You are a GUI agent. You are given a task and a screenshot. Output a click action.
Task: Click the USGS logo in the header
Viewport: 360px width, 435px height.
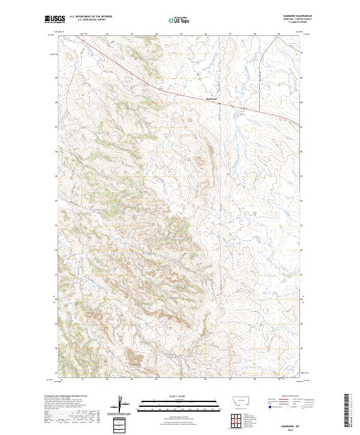[54, 19]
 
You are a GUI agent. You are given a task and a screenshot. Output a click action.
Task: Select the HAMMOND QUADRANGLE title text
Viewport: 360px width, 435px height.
[295, 16]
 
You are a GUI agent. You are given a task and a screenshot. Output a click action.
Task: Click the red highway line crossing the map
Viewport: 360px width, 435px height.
[150, 83]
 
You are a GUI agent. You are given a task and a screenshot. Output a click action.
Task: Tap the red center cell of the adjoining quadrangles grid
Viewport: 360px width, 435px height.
[236, 421]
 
